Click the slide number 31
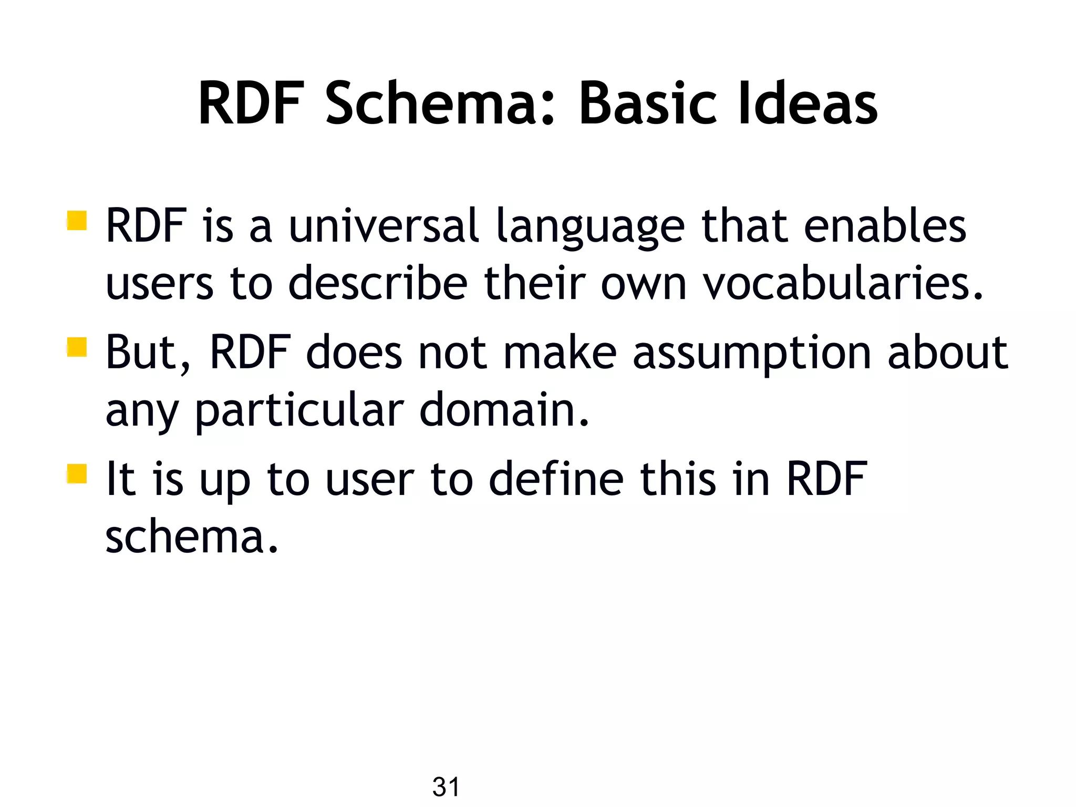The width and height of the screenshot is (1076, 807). click(446, 787)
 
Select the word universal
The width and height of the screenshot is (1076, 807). click(384, 226)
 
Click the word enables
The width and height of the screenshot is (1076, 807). click(885, 226)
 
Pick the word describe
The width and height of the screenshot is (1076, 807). click(378, 284)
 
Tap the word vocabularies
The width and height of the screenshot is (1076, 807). click(843, 284)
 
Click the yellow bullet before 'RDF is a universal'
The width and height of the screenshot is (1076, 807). click(77, 221)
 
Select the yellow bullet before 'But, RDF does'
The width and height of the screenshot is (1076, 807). click(77, 347)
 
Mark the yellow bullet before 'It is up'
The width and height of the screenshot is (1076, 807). click(77, 473)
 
